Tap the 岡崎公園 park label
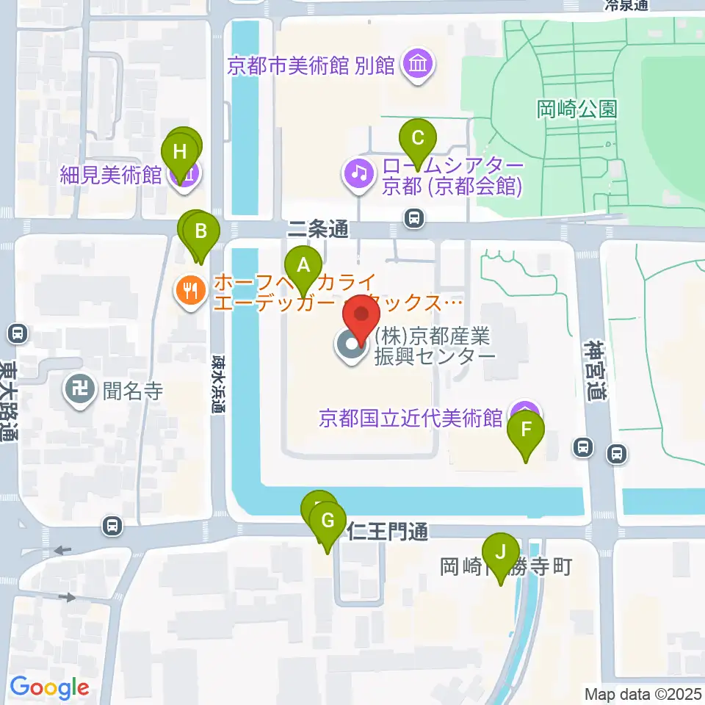[x=577, y=110]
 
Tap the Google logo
[x=49, y=688]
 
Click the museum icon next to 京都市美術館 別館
[x=418, y=67]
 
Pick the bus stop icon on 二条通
[x=415, y=217]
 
